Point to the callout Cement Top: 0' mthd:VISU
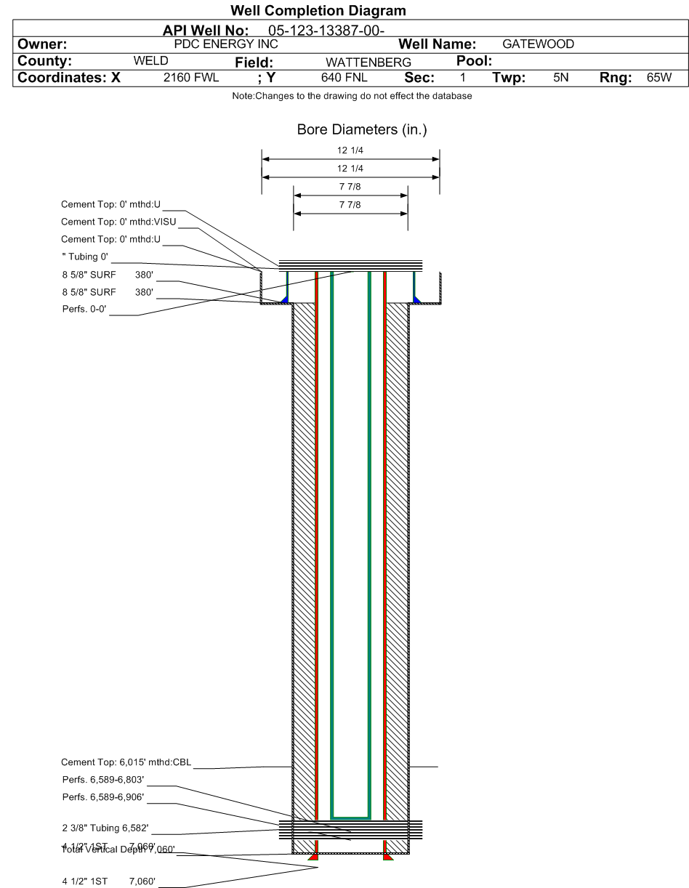click(x=114, y=222)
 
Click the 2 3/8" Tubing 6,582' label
click(x=107, y=830)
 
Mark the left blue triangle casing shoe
click(x=285, y=299)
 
